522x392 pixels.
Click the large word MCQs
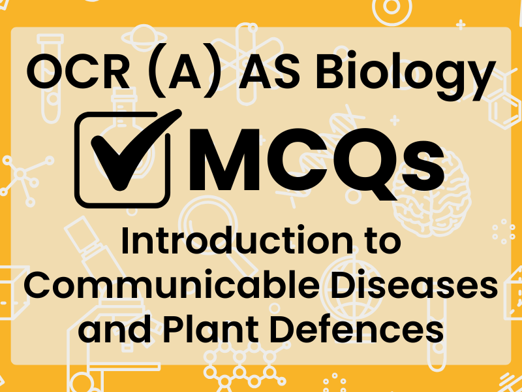pos(320,157)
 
